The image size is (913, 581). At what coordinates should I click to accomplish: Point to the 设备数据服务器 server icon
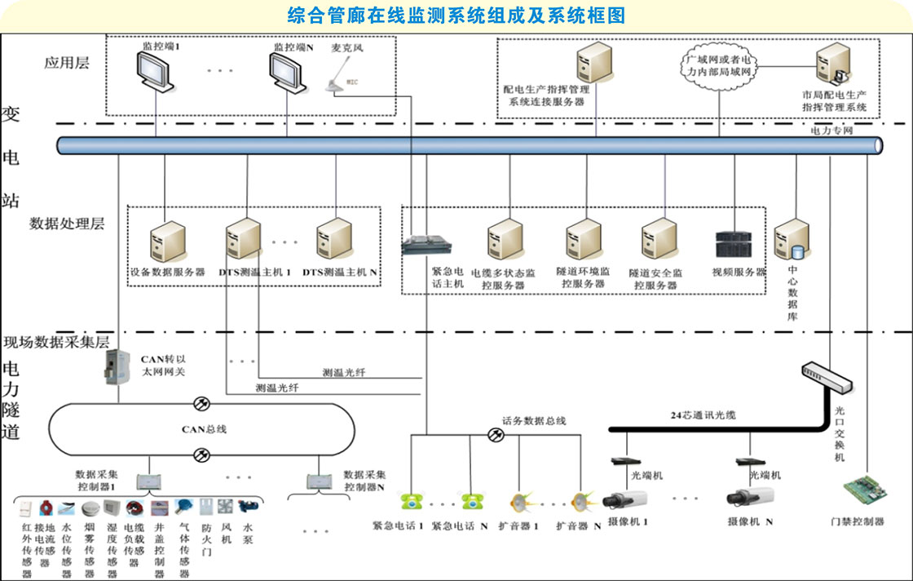click(165, 241)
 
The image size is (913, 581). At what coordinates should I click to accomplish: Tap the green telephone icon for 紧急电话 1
click(408, 500)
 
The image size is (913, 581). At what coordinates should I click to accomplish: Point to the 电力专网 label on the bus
click(831, 130)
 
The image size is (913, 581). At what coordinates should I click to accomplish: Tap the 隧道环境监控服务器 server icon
click(583, 240)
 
